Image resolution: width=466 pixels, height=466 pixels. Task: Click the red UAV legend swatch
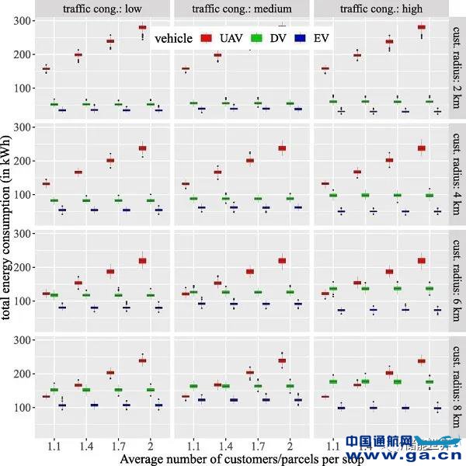point(207,37)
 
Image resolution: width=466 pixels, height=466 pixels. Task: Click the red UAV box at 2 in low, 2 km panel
point(142,27)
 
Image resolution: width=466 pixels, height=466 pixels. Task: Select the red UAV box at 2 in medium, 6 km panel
point(282,261)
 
